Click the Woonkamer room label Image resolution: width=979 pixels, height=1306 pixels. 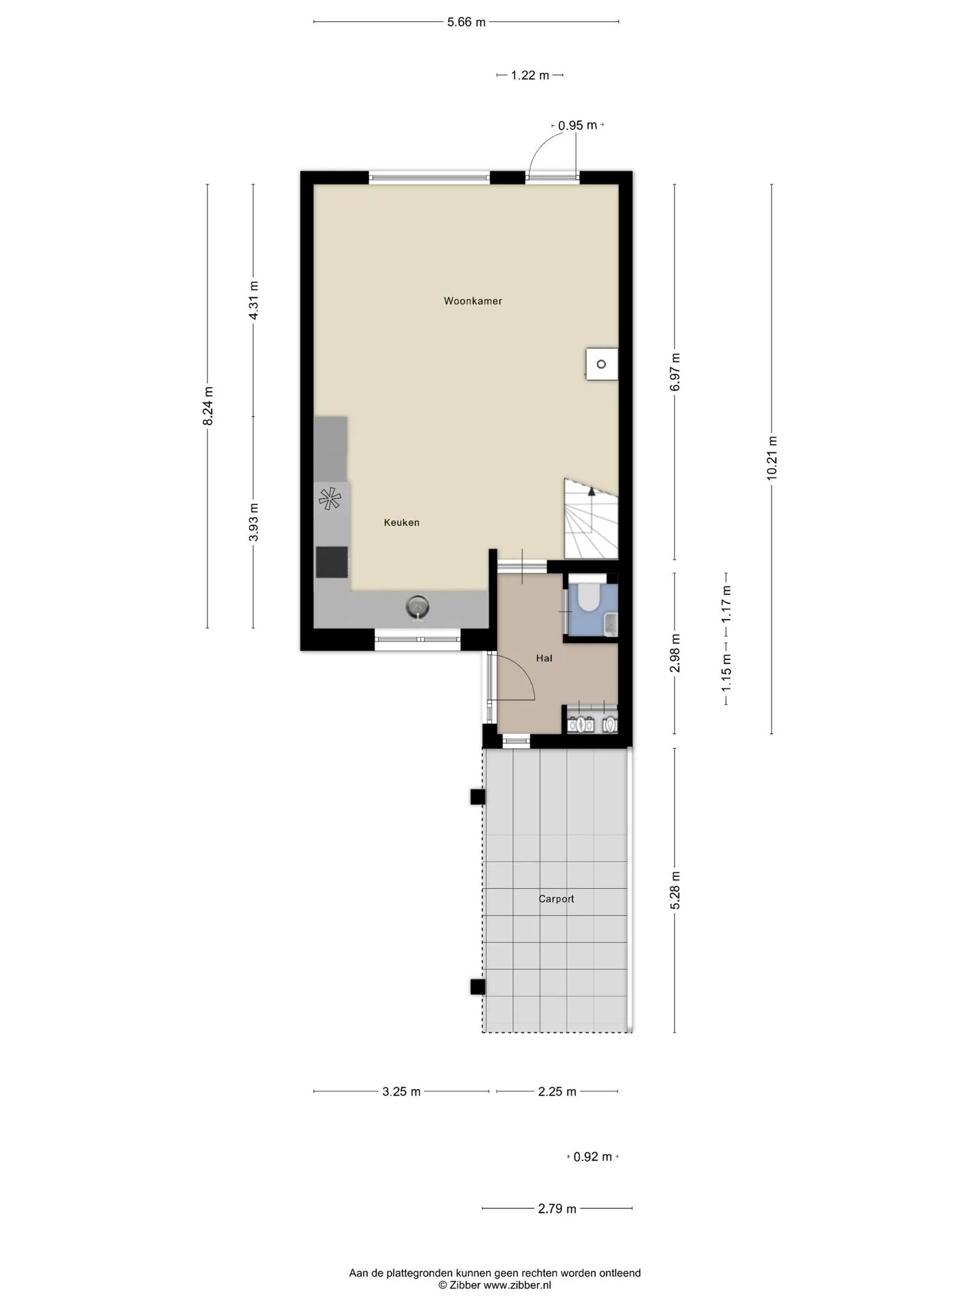473,301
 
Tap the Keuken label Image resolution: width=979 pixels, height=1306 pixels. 401,522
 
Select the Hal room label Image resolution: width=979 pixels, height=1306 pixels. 544,658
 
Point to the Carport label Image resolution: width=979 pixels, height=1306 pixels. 556,899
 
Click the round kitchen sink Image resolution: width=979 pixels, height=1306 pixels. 417,606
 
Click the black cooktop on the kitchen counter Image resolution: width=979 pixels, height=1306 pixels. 332,562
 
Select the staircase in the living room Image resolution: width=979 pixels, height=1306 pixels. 591,518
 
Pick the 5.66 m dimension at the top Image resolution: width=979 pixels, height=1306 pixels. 466,22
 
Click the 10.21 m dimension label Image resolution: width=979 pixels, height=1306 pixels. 772,458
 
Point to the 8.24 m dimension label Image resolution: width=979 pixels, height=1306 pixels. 208,406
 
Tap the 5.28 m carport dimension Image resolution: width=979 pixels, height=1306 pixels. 675,890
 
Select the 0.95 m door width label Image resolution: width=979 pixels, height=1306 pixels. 577,125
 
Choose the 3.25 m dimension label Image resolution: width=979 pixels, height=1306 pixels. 401,1092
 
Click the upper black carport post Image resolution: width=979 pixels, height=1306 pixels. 478,797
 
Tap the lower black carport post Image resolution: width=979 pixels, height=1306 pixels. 478,987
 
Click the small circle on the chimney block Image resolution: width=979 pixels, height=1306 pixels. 601,365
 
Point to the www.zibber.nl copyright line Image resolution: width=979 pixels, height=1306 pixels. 495,1285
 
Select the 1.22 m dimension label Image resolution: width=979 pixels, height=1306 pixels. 530,76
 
